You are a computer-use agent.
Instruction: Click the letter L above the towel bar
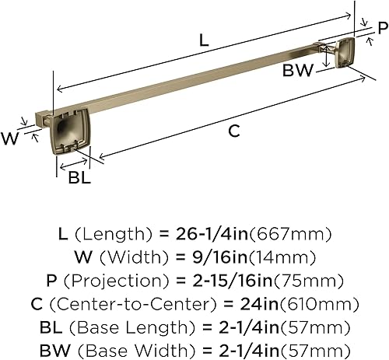coord(204,40)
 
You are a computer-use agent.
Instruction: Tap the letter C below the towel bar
coord(234,131)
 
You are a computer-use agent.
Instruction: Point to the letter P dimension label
coord(383,28)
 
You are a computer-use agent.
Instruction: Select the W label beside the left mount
coord(10,138)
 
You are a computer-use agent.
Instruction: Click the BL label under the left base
coord(79,177)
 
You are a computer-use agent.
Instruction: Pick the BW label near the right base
coord(298,70)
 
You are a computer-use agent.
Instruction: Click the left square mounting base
coord(69,132)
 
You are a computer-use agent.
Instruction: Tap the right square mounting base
coord(345,53)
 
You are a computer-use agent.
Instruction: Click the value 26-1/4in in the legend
coord(212,234)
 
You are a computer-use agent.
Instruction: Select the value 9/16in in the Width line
coord(220,257)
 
